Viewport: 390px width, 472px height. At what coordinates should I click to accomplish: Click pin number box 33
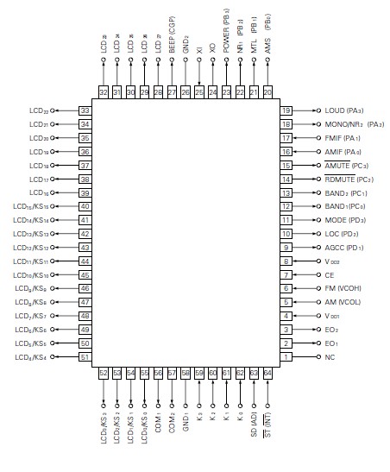point(85,110)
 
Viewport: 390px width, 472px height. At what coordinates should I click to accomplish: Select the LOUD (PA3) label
point(343,110)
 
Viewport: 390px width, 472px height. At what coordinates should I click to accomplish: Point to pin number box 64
point(267,374)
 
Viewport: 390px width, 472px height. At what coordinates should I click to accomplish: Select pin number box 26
point(186,91)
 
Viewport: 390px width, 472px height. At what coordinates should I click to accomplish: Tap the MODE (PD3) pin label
point(343,220)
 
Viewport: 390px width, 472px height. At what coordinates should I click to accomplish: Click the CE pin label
point(329,274)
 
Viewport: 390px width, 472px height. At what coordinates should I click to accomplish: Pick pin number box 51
point(85,356)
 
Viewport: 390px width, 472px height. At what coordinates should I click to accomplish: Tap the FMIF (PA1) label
point(343,138)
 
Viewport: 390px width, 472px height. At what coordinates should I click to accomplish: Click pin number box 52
point(104,374)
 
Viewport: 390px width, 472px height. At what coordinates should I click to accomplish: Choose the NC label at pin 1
point(329,356)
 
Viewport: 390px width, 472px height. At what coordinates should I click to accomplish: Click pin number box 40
point(85,206)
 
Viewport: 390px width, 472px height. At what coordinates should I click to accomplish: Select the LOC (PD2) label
point(342,234)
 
